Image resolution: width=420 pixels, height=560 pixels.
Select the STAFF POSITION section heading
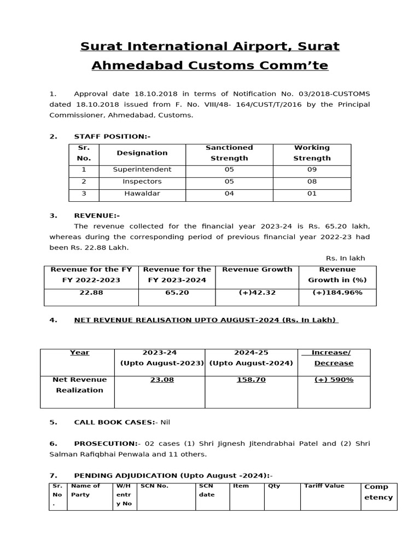tap(112, 136)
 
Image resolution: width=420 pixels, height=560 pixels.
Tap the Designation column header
tap(142, 153)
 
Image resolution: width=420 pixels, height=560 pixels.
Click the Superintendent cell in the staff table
tap(142, 170)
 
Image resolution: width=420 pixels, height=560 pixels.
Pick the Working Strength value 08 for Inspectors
tap(312, 181)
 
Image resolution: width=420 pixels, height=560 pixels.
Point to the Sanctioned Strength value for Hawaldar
tap(229, 193)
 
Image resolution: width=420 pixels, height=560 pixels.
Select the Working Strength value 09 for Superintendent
tap(312, 170)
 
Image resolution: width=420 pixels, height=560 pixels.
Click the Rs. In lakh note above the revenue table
tap(345, 258)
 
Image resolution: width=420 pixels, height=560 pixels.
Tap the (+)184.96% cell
tap(337, 293)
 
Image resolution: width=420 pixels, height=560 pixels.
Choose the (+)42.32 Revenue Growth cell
tap(257, 293)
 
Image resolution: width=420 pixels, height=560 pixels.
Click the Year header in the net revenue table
tap(79, 353)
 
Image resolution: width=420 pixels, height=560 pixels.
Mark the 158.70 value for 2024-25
tap(251, 380)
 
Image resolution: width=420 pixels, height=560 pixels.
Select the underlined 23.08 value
tap(162, 380)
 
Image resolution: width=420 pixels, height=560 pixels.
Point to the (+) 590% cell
tap(334, 380)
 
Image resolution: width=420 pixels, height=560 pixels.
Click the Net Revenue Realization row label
tap(79, 385)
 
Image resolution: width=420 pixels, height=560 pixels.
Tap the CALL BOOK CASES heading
tap(114, 422)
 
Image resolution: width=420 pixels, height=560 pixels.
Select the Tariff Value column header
tap(322, 486)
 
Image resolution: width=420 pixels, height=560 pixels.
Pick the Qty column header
tap(273, 486)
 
